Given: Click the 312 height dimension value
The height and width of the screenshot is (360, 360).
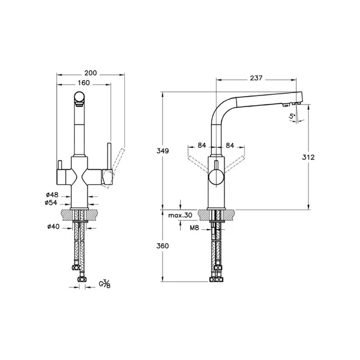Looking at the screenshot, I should [309, 157].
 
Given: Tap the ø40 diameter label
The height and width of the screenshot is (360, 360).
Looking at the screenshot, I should [52, 227].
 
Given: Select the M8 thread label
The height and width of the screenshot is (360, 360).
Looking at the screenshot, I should [194, 228].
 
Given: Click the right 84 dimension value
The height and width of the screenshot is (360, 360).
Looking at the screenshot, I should [230, 145].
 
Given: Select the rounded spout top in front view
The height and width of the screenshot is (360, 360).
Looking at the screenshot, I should [79, 95].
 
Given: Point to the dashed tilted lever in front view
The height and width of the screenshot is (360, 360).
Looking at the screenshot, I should [117, 160].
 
